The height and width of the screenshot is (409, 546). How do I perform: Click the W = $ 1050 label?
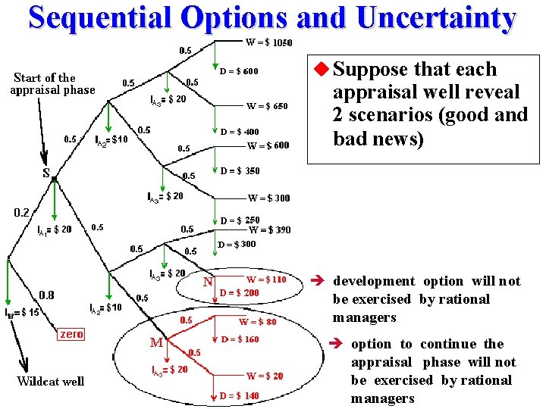[x=269, y=42]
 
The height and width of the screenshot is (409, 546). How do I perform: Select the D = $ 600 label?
[x=239, y=72]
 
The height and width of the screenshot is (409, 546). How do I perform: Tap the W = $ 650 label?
[x=267, y=107]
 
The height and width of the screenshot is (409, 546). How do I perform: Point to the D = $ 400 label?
[x=240, y=132]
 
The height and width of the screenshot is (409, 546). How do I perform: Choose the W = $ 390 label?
[x=269, y=230]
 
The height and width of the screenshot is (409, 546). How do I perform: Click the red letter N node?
[x=208, y=283]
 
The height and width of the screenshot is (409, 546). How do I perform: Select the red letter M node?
[x=156, y=343]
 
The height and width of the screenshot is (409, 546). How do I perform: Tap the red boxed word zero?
[x=71, y=334]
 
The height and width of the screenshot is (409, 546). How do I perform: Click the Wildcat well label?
[x=50, y=381]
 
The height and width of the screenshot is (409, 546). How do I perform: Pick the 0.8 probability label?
[x=46, y=294]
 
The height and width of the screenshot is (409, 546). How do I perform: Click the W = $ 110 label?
[x=266, y=279]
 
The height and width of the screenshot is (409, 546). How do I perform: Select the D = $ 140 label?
[x=240, y=395]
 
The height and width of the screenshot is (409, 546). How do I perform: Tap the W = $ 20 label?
[x=265, y=376]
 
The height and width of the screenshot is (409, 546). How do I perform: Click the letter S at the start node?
[x=46, y=172]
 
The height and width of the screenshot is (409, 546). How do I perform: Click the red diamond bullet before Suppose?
[x=322, y=70]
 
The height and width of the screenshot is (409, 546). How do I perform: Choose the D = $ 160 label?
[x=240, y=339]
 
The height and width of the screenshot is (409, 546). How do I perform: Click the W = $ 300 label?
[x=268, y=198]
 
